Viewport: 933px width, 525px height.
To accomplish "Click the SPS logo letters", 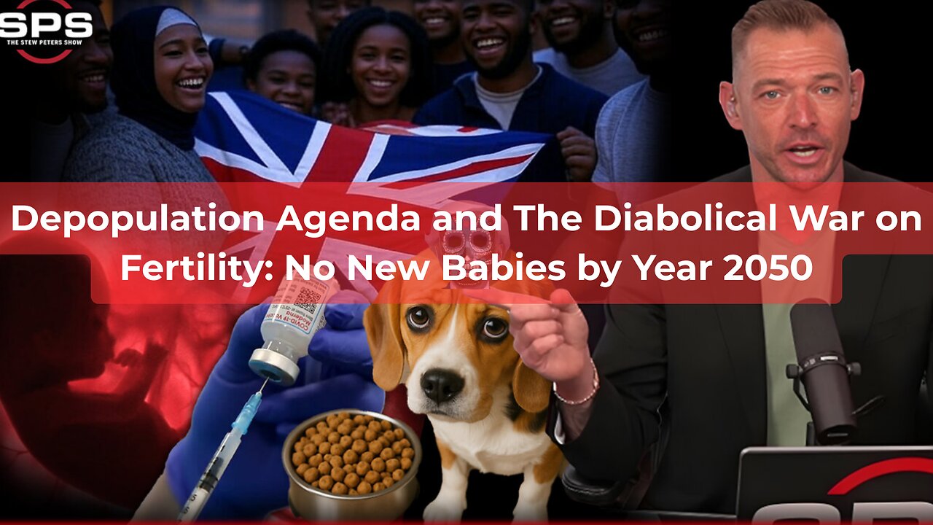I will pos(45,26).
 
